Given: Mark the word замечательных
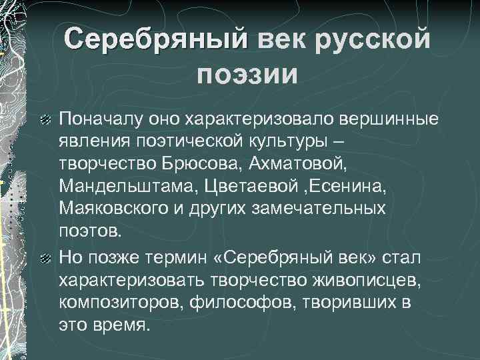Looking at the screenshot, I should click(x=319, y=209).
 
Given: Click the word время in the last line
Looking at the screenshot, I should click(x=123, y=324).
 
